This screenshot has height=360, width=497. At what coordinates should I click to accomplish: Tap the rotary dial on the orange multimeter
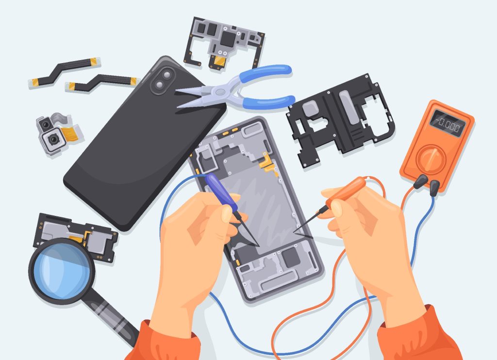tap(431, 159)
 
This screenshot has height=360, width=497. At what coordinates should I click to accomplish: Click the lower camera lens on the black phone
tap(159, 85)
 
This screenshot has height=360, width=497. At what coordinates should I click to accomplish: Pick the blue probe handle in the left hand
tap(221, 192)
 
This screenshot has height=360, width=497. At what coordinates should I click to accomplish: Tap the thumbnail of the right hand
tap(336, 209)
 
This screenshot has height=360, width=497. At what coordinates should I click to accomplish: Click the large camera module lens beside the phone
tap(52, 139)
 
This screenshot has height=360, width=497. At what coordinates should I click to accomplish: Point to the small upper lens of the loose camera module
tap(46, 124)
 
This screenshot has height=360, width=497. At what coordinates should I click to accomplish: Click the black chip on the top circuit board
tap(228, 38)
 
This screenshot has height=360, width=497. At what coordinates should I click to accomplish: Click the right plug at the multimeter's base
tap(434, 187)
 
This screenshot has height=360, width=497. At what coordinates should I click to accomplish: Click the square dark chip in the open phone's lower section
tap(290, 257)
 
